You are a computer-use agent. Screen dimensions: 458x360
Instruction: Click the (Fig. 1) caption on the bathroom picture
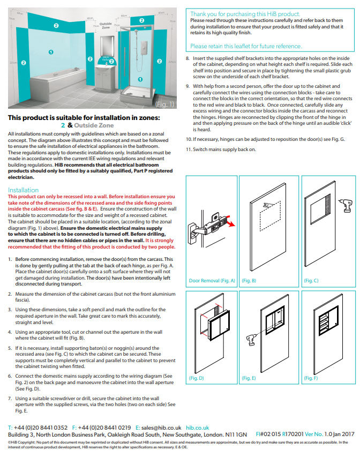(164, 104)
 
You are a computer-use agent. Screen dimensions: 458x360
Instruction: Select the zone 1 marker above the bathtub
(51, 52)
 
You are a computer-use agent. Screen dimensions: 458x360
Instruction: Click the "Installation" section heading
(23, 190)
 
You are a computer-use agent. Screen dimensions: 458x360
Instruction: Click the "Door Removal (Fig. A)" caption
(212, 281)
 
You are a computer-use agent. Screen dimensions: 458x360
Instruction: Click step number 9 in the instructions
(188, 86)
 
